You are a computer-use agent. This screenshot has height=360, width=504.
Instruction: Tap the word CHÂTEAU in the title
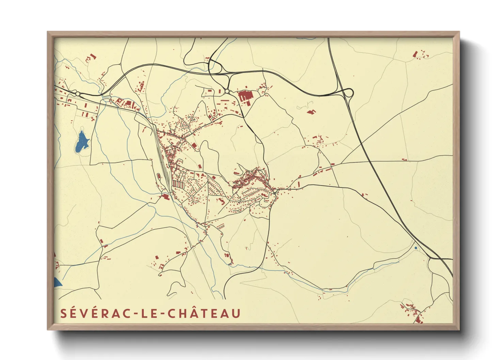click(204, 313)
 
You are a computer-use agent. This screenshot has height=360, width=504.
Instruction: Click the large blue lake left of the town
click(82, 141)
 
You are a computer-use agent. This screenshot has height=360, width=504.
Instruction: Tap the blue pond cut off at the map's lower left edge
click(57, 282)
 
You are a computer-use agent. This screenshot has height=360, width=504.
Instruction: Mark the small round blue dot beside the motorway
click(416, 248)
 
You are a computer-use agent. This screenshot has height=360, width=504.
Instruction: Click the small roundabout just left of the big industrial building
click(227, 91)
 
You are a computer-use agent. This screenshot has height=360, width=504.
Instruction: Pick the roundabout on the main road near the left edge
click(78, 94)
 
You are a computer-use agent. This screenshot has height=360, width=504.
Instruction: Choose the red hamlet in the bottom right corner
click(413, 311)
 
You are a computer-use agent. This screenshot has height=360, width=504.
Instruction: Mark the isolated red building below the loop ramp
click(310, 111)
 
